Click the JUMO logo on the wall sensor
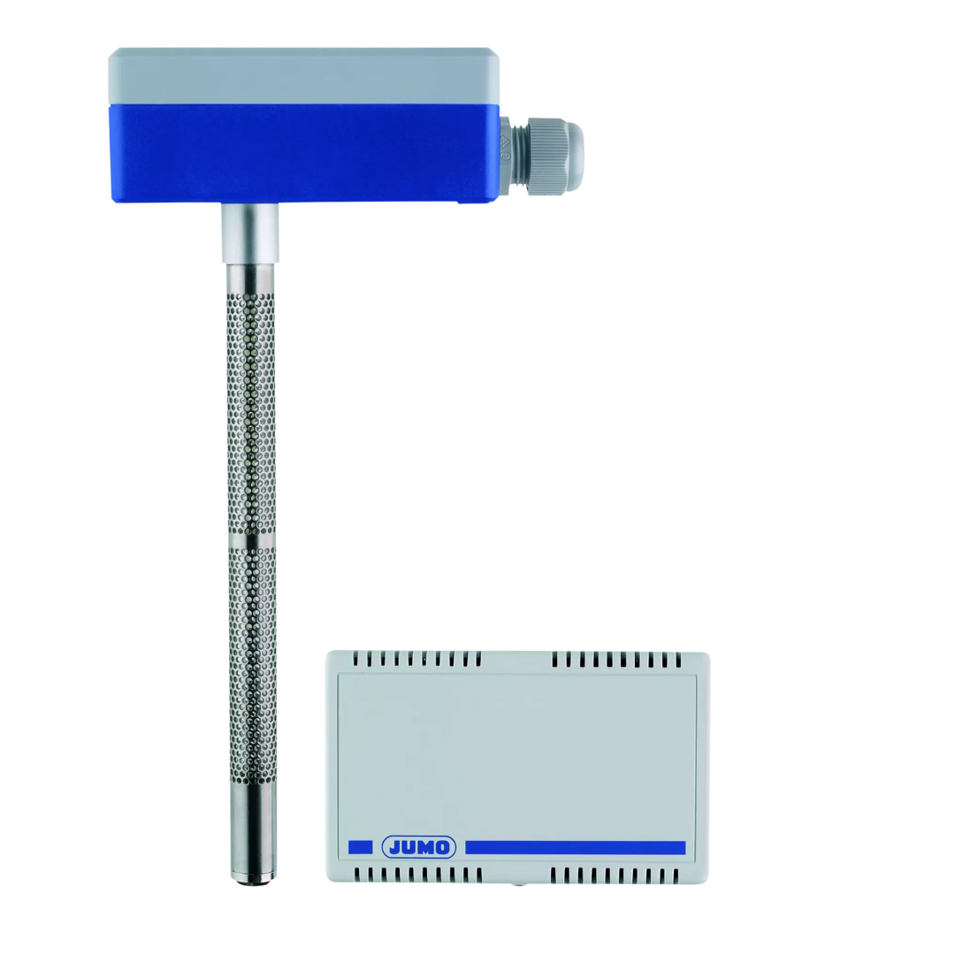(418, 847)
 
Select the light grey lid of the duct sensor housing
(303, 76)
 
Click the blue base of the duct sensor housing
(304, 154)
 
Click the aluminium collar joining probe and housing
(249, 233)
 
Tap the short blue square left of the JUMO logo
(360, 847)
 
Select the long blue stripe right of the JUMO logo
(575, 848)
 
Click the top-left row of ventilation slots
(417, 659)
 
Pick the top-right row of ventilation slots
(616, 660)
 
